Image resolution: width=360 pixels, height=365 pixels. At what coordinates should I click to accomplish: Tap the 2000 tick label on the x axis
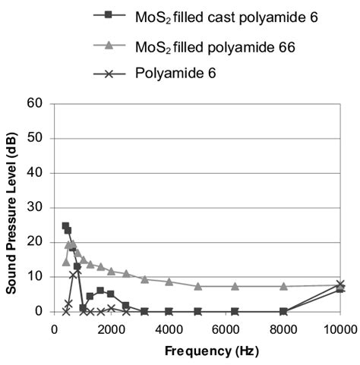(x=111, y=328)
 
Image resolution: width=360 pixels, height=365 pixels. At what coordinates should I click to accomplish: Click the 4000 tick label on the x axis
(x=169, y=328)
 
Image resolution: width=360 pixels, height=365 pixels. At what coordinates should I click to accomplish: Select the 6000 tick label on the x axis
(x=226, y=328)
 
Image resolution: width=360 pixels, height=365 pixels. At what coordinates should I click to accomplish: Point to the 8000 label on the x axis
(x=283, y=328)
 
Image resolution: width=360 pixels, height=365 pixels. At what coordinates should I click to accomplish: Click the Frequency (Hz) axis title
(x=198, y=352)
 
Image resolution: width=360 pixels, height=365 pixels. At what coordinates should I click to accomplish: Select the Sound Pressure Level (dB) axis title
(x=13, y=208)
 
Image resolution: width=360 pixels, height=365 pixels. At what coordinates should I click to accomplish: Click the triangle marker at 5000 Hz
(x=198, y=286)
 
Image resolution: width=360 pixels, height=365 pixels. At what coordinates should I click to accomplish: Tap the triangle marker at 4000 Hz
(x=169, y=282)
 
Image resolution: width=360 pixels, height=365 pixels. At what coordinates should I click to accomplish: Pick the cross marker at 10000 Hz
(x=340, y=285)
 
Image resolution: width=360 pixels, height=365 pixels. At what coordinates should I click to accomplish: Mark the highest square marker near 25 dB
(x=65, y=225)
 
